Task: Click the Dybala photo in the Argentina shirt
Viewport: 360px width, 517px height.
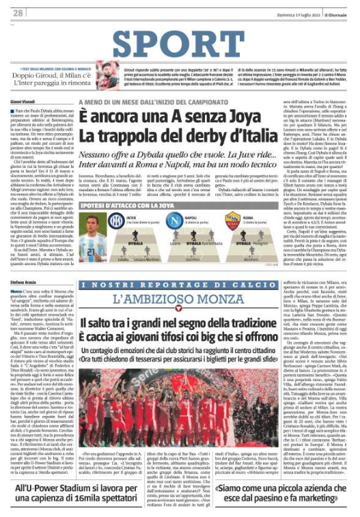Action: (x=92, y=236)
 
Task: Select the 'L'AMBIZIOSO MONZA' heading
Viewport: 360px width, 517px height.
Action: (x=180, y=298)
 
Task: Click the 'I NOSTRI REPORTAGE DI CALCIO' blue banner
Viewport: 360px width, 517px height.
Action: (x=180, y=284)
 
